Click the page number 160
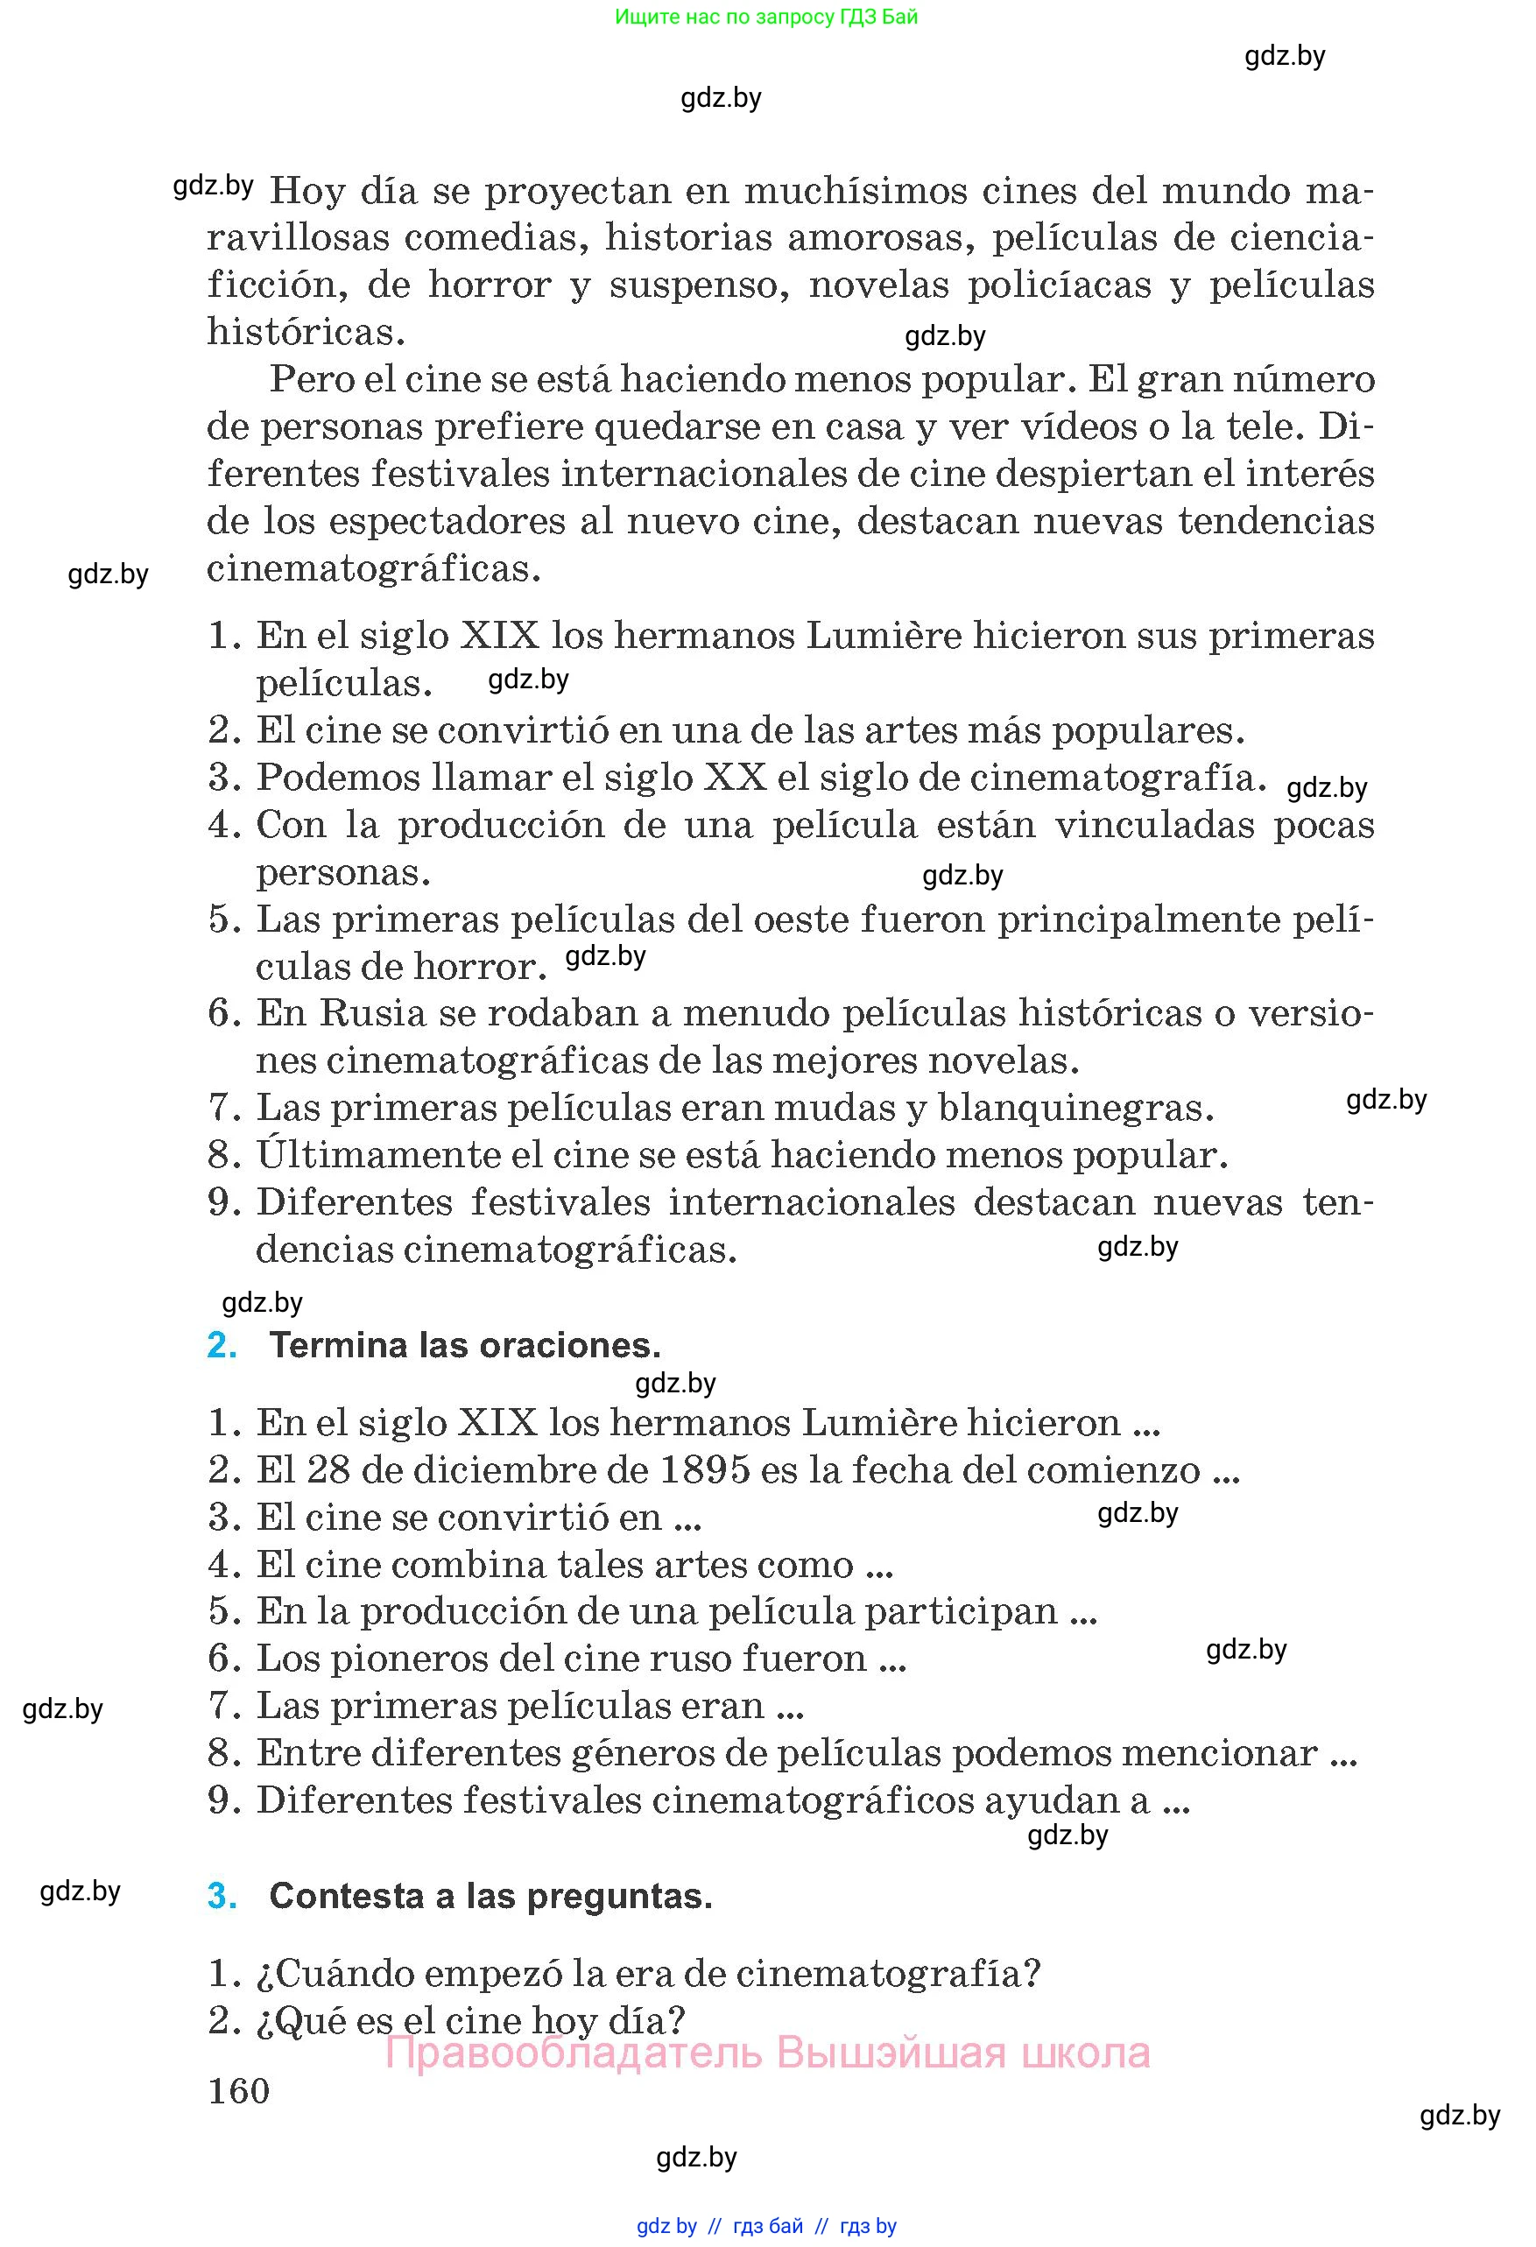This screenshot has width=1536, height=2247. click(x=239, y=2090)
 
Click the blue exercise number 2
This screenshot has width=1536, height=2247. click(x=222, y=1345)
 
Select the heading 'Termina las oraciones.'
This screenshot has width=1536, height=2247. click(x=465, y=1345)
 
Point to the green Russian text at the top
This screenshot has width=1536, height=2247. click(x=765, y=17)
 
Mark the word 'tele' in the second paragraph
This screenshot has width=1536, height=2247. click(x=1256, y=426)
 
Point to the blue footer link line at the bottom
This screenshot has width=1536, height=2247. click(x=766, y=2226)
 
